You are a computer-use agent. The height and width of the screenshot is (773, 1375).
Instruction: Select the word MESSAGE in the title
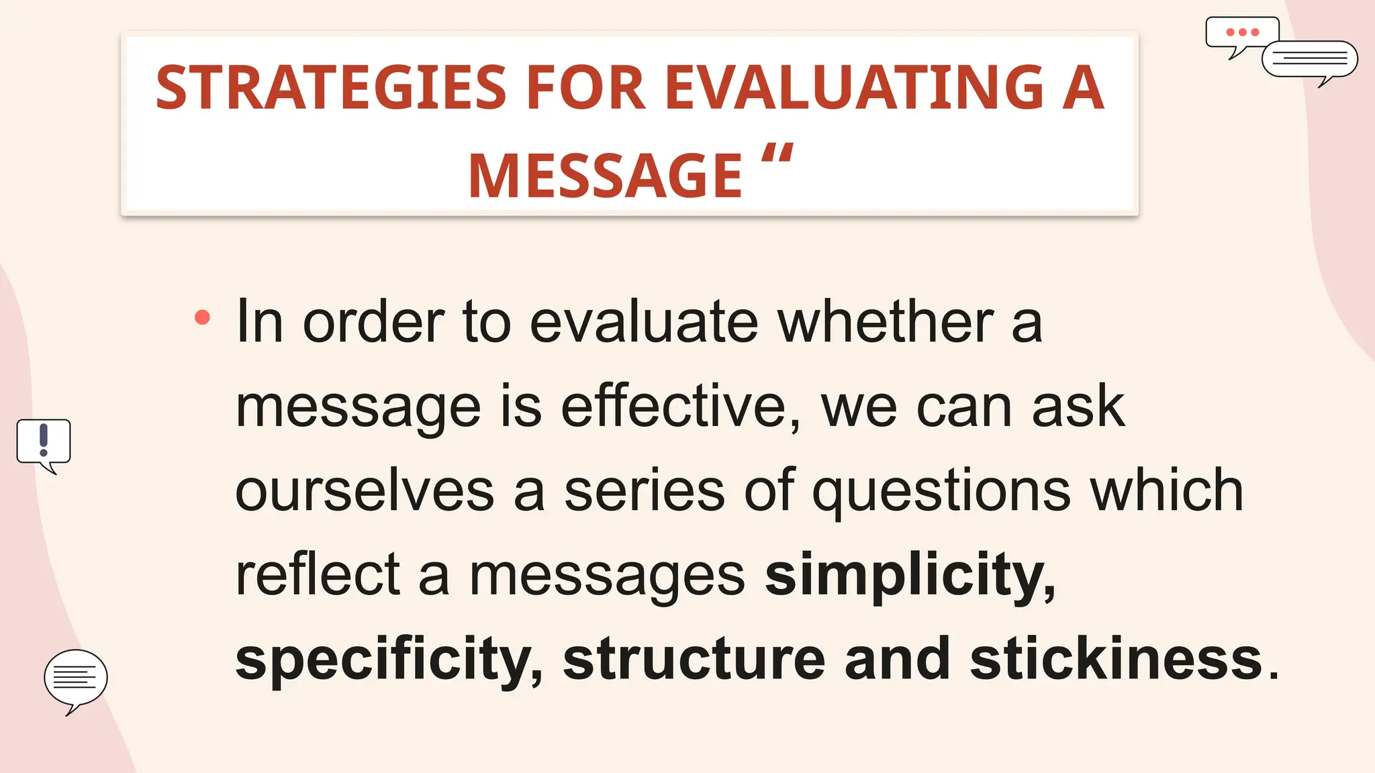click(605, 176)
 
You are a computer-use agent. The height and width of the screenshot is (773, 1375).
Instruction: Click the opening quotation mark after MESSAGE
click(777, 156)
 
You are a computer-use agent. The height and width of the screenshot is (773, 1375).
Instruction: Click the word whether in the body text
click(886, 322)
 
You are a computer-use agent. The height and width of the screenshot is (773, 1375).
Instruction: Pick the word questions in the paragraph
click(941, 492)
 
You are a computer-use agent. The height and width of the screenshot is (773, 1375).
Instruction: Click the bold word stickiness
click(1116, 658)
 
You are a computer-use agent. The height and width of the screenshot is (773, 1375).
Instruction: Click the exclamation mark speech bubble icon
click(44, 442)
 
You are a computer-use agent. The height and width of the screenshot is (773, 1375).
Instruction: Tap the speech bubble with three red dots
click(1241, 34)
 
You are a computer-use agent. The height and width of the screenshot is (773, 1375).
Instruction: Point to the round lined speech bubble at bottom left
click(75, 678)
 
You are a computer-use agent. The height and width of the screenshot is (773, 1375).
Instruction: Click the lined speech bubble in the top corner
click(1309, 60)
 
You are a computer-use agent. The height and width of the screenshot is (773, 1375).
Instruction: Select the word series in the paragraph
click(644, 491)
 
